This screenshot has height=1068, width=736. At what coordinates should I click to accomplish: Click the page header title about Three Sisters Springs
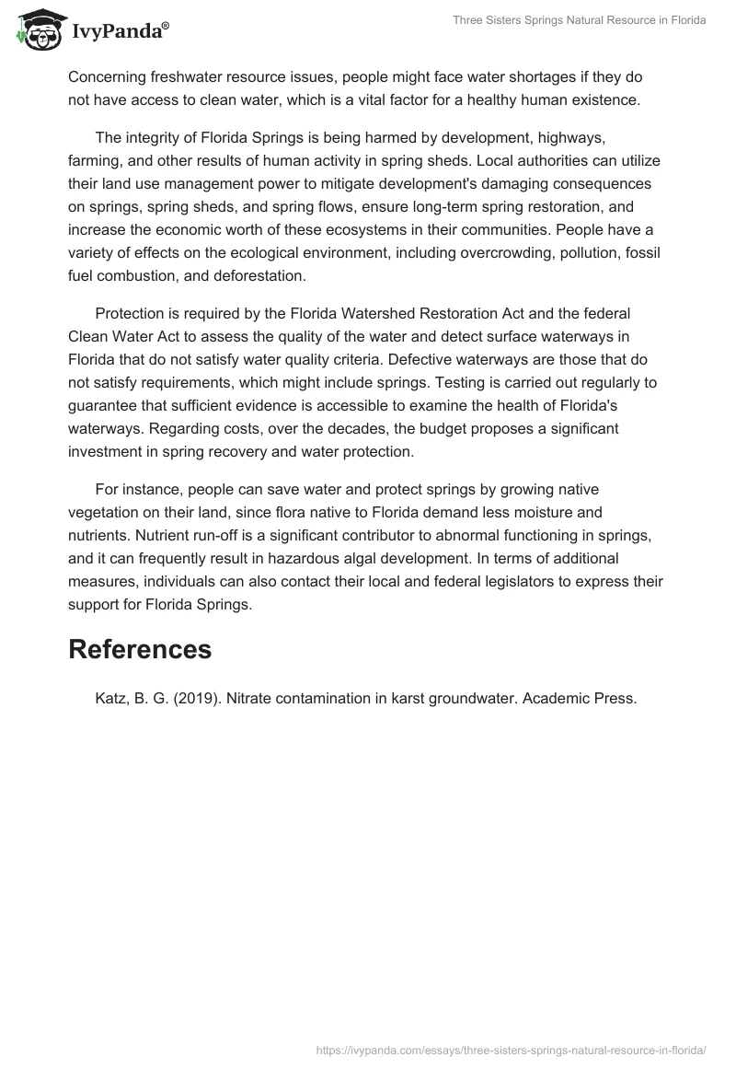(x=580, y=21)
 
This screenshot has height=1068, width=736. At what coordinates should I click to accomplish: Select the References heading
(x=140, y=649)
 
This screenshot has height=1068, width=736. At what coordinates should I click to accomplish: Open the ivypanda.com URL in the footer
(x=511, y=1049)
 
